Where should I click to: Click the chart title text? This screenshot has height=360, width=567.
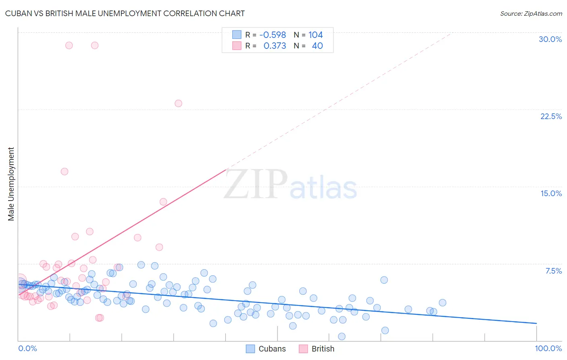point(125,13)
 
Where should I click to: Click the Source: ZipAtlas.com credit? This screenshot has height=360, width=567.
point(531,13)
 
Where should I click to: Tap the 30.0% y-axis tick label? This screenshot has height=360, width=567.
point(550,39)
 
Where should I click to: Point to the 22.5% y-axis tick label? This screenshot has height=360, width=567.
point(551,116)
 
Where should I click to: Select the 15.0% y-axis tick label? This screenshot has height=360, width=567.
point(551,193)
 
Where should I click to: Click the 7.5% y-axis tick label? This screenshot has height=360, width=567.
point(553,271)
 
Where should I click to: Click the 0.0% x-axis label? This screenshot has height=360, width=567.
point(27,348)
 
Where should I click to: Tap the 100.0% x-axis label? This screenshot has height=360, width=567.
point(548,348)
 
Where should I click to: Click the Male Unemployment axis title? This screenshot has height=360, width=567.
point(11,184)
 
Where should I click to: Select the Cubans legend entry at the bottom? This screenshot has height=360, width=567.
point(266,349)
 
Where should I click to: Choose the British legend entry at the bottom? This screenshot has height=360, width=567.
point(317,349)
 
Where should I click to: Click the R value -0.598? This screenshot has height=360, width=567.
point(273,35)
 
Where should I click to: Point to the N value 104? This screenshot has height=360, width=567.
point(315,35)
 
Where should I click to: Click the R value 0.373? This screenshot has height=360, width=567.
point(275,46)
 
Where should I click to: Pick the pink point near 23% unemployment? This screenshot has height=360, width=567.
point(178,103)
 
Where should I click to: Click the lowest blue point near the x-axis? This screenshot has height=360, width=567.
point(342,337)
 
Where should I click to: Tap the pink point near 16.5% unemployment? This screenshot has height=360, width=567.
point(65,172)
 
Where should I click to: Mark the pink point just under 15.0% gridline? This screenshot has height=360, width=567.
point(163,202)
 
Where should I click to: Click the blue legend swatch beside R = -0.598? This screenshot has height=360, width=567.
point(237,35)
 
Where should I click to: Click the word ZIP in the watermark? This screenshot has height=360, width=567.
point(256,184)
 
